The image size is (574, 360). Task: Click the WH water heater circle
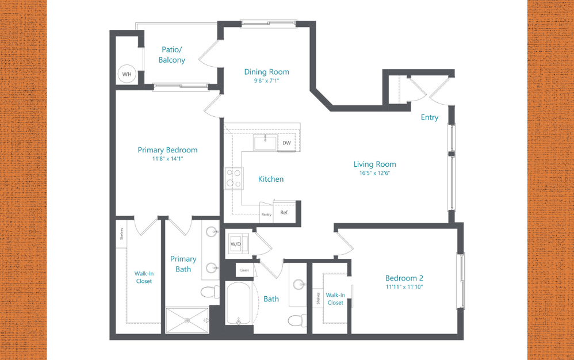127,74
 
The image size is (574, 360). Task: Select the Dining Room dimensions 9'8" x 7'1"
266,81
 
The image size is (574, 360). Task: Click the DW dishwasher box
287,143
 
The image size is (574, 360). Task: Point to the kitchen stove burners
233,178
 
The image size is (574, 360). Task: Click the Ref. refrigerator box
284,212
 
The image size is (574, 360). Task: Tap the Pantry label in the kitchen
266,214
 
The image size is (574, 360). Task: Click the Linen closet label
245,270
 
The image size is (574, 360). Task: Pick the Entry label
429,117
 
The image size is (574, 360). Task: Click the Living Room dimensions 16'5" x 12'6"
374,173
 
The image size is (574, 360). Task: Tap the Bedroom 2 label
404,278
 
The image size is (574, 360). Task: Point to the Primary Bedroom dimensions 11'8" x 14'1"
167,159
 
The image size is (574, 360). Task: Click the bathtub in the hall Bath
239,303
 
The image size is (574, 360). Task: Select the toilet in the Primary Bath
210,293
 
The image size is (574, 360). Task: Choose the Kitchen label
270,179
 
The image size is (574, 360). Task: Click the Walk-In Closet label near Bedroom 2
335,298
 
